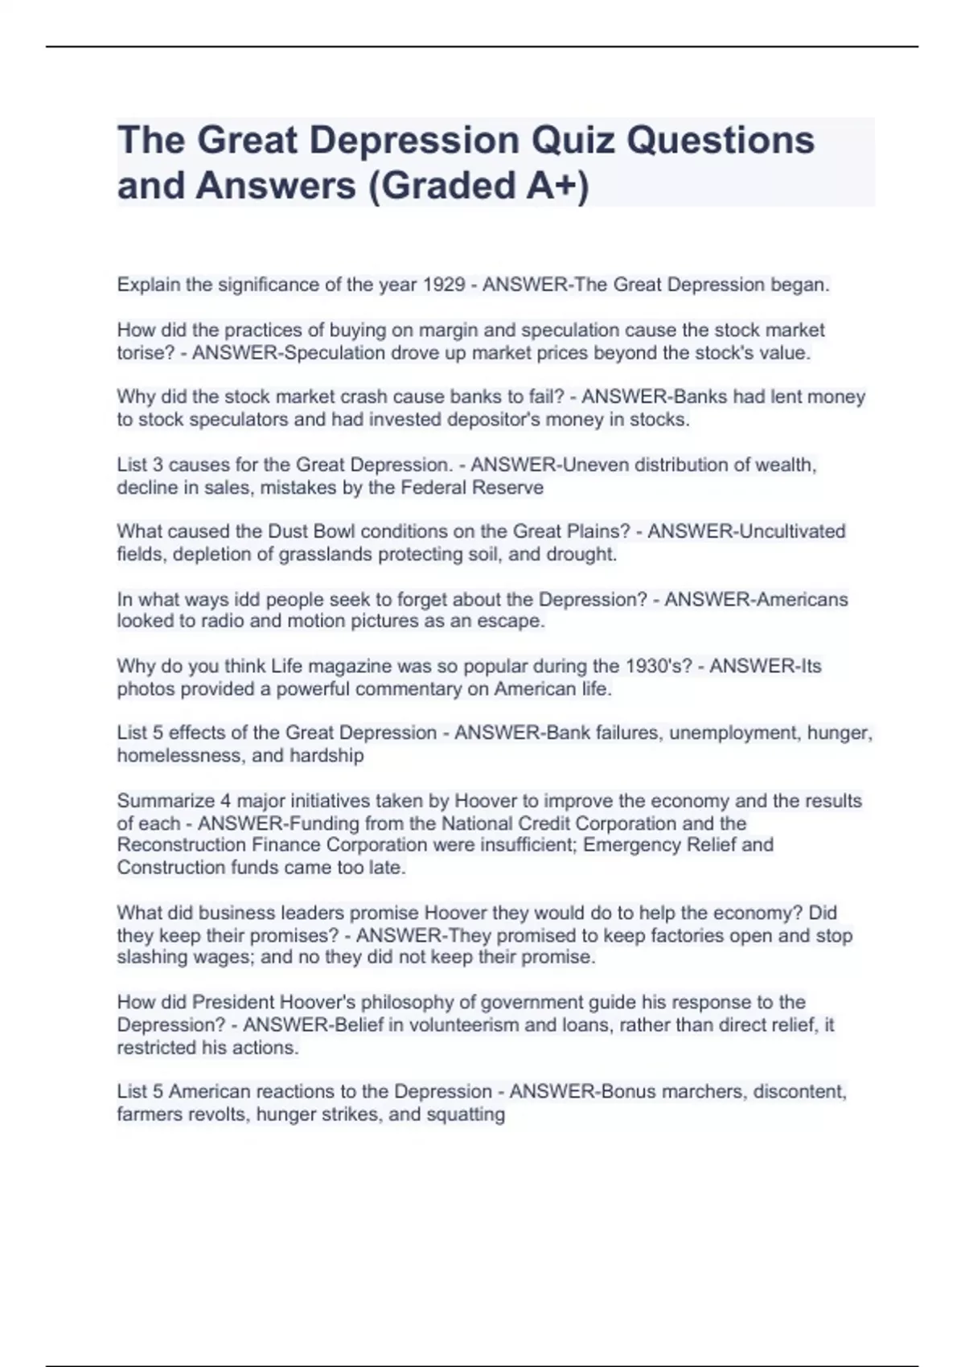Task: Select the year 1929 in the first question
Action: coord(444,285)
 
